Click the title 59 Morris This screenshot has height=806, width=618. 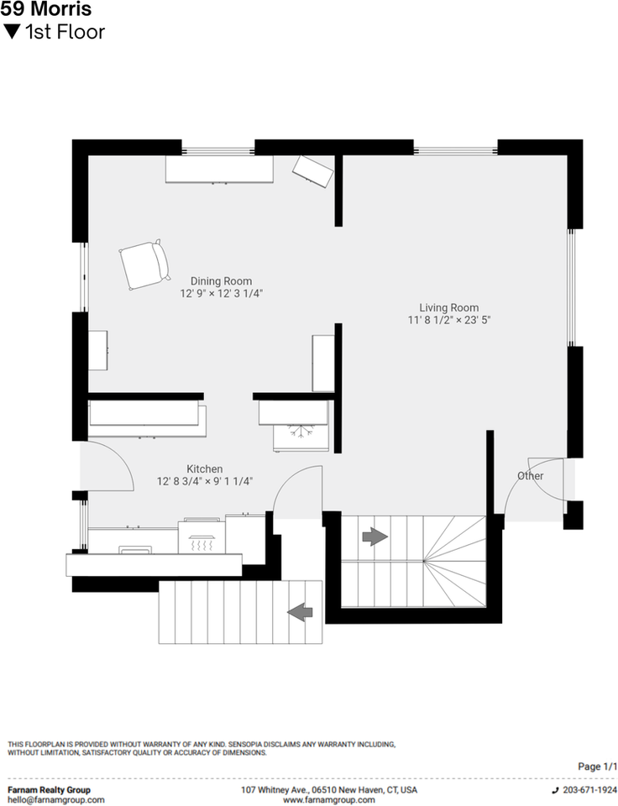46,10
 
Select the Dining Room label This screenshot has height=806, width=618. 221,281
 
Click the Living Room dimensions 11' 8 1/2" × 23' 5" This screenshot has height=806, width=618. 449,320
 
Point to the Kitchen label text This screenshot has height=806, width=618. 204,468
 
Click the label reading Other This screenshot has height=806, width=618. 530,476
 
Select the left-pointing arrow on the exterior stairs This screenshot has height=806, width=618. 300,613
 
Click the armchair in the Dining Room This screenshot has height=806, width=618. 144,264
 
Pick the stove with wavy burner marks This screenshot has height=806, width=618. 201,537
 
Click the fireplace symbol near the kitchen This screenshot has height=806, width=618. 300,433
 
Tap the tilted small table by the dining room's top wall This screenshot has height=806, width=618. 312,171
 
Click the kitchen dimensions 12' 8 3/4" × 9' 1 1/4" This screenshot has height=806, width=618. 205,481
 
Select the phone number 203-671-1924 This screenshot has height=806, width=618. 589,790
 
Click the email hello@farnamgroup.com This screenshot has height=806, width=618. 56,800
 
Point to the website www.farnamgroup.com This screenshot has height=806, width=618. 328,800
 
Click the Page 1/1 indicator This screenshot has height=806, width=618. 598,767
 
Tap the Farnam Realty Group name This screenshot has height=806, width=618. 49,790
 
